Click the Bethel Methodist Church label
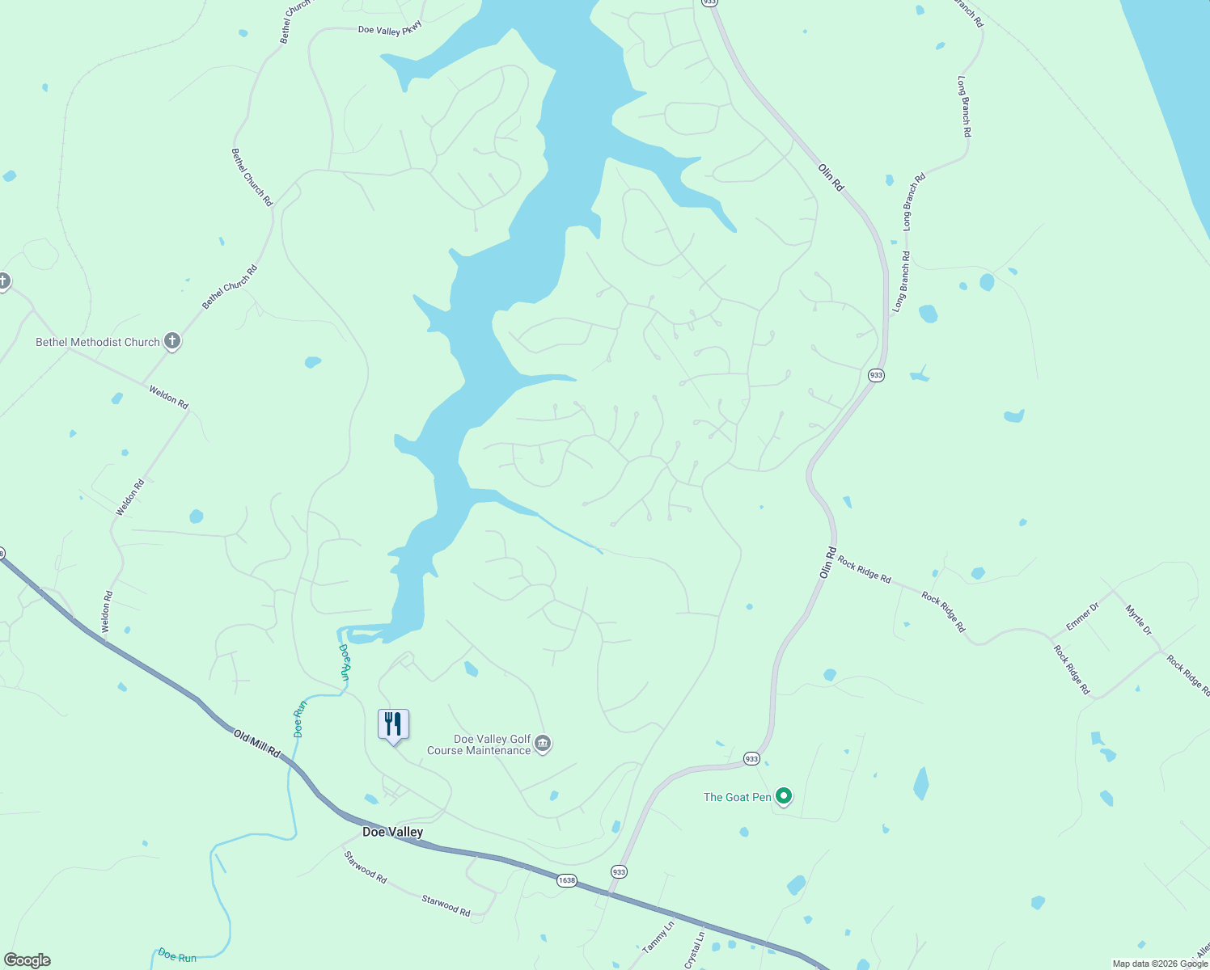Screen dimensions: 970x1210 (98, 342)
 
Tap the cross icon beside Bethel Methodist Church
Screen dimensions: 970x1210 (171, 341)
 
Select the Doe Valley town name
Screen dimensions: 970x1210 (392, 832)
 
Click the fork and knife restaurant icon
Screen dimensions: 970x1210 (393, 724)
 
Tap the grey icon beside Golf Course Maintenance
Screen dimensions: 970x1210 (544, 744)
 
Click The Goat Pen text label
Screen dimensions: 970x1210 (737, 797)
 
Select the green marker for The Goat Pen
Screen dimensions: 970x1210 (783, 797)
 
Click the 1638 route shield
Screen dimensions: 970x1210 (566, 880)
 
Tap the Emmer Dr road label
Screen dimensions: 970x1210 (1082, 616)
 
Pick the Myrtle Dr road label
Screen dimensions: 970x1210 (1138, 620)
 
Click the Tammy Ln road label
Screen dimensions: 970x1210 (658, 937)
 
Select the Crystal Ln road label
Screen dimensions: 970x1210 (695, 950)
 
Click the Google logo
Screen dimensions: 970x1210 (27, 960)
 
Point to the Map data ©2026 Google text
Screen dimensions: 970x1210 (1159, 964)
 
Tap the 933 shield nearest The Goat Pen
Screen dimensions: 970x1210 (751, 758)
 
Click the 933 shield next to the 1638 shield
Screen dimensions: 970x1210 (619, 871)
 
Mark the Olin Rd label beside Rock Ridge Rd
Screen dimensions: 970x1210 (827, 563)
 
